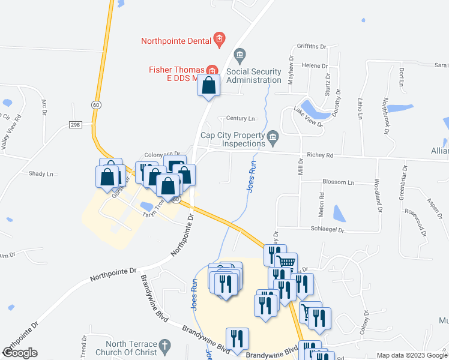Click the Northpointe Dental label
(x=176, y=41)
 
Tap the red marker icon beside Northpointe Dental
(x=219, y=41)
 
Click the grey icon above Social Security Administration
(x=240, y=56)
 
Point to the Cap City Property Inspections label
(x=233, y=140)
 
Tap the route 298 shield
(x=74, y=124)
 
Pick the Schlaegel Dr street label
(x=327, y=230)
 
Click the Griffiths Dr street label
(x=311, y=46)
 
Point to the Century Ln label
(x=240, y=119)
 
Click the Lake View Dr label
(x=308, y=117)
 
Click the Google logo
(x=20, y=353)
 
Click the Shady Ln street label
(x=41, y=173)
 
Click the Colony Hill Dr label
(x=163, y=154)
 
